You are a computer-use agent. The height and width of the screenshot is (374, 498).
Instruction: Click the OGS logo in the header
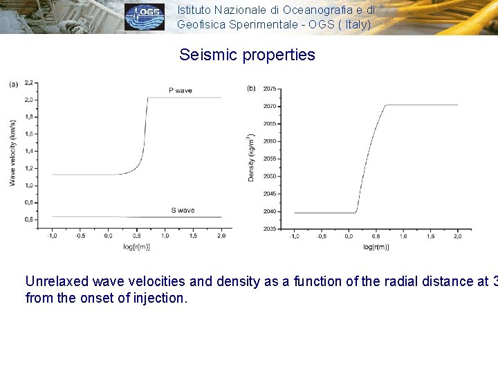pyautogui.click(x=145, y=17)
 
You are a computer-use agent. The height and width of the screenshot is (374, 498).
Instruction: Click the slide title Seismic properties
pyautogui.click(x=247, y=55)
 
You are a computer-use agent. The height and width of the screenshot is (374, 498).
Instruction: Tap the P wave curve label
pyautogui.click(x=180, y=91)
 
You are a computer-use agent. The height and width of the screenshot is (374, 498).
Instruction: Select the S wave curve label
pyautogui.click(x=183, y=210)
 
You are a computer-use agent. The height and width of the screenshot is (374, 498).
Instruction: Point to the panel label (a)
pyautogui.click(x=13, y=84)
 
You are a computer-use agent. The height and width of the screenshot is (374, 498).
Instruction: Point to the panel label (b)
pyautogui.click(x=250, y=88)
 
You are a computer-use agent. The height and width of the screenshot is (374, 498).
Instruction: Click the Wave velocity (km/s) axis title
pyautogui.click(x=12, y=152)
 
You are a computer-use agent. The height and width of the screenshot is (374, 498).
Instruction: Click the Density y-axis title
pyautogui.click(x=251, y=158)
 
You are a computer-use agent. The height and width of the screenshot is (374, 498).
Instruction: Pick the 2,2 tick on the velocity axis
pyautogui.click(x=29, y=82)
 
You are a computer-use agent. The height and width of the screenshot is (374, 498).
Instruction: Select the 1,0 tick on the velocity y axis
pyautogui.click(x=29, y=185)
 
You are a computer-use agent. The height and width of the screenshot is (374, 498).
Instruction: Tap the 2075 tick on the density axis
pyautogui.click(x=270, y=89)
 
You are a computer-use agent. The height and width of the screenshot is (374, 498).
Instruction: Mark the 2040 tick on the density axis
pyautogui.click(x=270, y=211)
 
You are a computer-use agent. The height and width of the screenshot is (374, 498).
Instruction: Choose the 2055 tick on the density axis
pyautogui.click(x=270, y=159)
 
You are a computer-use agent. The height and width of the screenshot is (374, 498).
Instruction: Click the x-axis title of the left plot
pyautogui.click(x=136, y=246)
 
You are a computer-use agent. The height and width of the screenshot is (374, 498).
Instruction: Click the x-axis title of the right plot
pyautogui.click(x=378, y=247)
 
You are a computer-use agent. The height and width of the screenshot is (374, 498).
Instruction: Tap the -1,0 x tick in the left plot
pyautogui.click(x=51, y=236)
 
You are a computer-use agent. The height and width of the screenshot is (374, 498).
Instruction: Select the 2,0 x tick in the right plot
pyautogui.click(x=458, y=236)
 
